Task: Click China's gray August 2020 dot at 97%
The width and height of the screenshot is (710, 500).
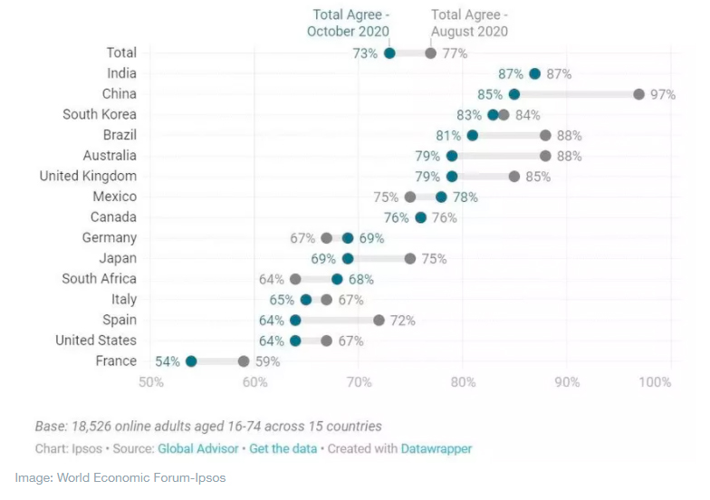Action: pos(638,94)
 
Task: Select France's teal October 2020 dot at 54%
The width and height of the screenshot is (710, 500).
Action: pos(191,361)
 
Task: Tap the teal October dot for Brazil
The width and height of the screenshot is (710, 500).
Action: pos(472,136)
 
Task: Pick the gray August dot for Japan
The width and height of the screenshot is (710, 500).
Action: pos(410,259)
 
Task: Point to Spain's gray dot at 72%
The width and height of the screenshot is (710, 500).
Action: pos(379,321)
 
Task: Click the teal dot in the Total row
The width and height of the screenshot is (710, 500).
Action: pos(389,53)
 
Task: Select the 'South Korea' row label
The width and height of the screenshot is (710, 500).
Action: pos(100,115)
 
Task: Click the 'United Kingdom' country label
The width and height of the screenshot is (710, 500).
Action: pos(88,177)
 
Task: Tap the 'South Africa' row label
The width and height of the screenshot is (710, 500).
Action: pos(99,279)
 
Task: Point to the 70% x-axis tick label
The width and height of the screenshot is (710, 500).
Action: pos(360,382)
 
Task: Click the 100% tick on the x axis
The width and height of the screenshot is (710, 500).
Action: pos(655,382)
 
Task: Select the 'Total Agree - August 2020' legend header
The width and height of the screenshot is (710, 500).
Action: pos(469,23)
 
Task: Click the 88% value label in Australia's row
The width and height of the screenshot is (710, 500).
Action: pos(569,156)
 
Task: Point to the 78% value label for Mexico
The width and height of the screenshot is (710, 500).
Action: pos(465,197)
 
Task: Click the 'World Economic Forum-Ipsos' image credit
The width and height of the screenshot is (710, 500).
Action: pos(140,477)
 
